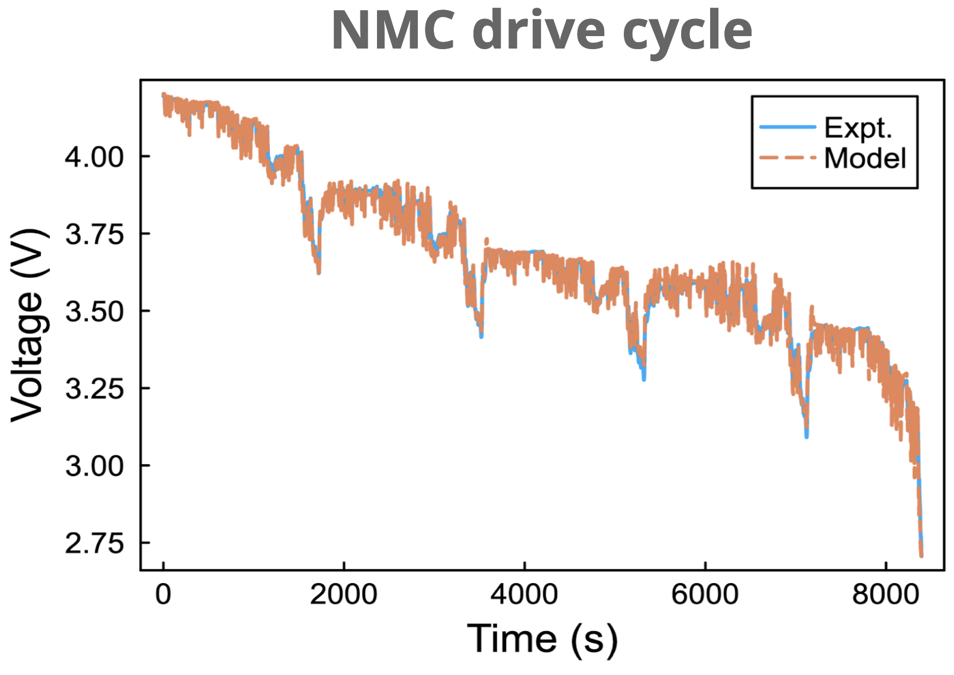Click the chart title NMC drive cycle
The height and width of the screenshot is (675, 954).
coord(541,31)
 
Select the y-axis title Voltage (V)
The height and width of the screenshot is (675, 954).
coord(27,324)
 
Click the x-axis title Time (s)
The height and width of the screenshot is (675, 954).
coord(542,639)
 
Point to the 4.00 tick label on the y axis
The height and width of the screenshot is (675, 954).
coord(95,157)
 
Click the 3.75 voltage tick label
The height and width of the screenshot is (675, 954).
coord(95,234)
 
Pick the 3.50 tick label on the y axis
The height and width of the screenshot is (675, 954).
coord(95,311)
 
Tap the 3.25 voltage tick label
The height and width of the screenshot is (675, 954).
coord(95,389)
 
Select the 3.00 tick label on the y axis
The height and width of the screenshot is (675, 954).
coord(95,466)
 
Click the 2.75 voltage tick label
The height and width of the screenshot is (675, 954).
coord(95,544)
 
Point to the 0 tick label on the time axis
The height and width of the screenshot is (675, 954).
coord(163,593)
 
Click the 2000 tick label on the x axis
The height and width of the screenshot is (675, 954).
coord(343,593)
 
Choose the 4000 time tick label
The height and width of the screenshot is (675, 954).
coord(524,593)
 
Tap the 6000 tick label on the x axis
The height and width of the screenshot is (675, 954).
coord(705,593)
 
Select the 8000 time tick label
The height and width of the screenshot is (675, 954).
coord(885,593)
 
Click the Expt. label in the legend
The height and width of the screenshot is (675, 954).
coord(858,127)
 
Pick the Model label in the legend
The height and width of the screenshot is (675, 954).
coord(865,158)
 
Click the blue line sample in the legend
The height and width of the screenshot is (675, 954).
coord(787,127)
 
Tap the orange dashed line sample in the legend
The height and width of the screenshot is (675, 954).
coord(787,157)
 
